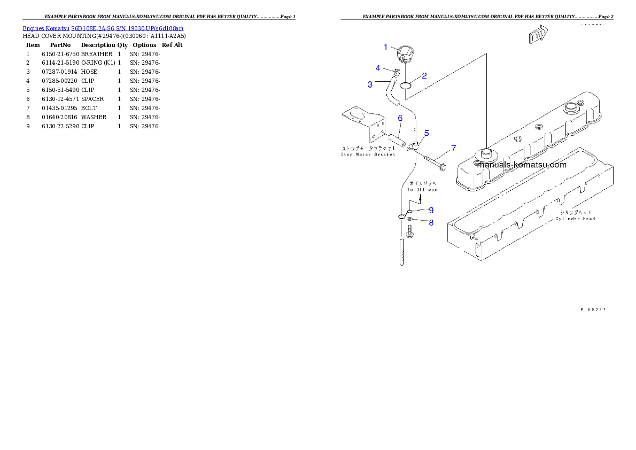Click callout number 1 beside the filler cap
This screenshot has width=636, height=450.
click(386, 47)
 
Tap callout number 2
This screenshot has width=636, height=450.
click(424, 76)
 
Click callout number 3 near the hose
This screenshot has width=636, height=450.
click(370, 84)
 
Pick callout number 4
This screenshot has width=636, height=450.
click(378, 68)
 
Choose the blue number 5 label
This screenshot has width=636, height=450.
click(426, 133)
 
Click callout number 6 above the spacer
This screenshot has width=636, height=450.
click(399, 118)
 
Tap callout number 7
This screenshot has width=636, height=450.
click(453, 148)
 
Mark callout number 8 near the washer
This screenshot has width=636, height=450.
click(430, 222)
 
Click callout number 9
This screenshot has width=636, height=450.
click(430, 210)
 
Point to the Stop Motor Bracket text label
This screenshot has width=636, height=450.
click(368, 154)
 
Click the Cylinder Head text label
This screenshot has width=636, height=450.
click(575, 219)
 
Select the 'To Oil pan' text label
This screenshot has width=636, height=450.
click(422, 190)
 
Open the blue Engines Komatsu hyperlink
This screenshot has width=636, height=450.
click(103, 28)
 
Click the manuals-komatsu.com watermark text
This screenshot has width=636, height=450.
click(521, 165)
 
